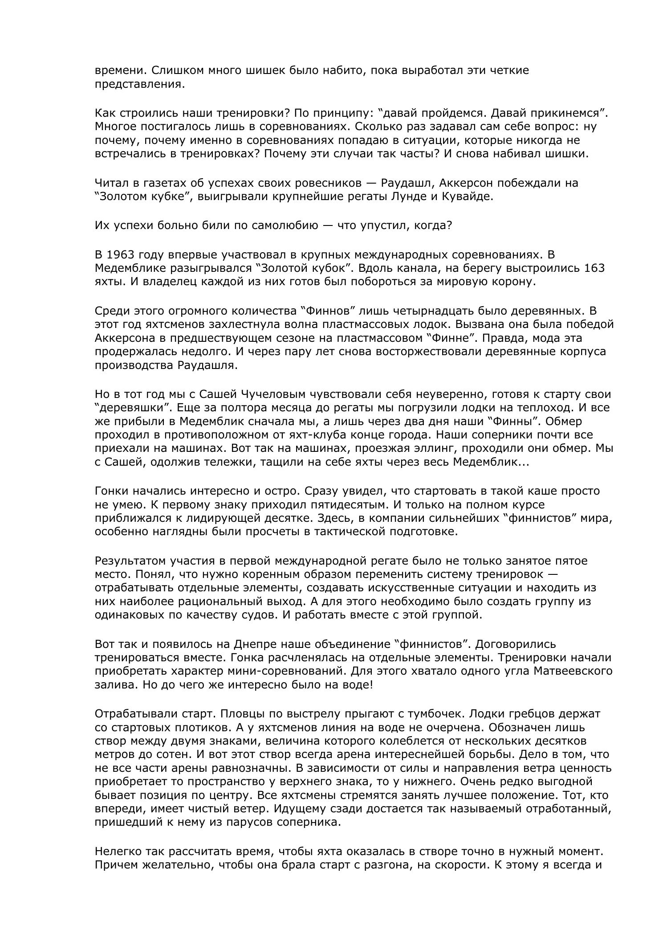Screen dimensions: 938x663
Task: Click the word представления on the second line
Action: click(139, 85)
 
